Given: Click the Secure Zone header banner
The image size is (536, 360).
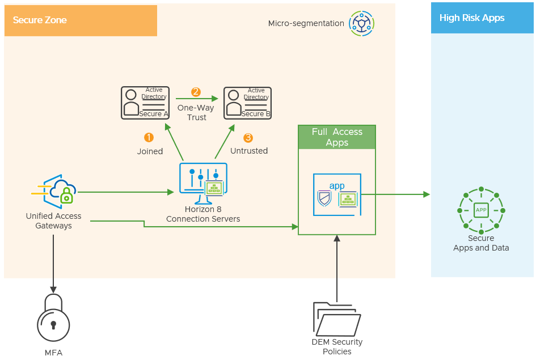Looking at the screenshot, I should click(80, 20).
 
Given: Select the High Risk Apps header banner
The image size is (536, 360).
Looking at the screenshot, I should click(482, 18).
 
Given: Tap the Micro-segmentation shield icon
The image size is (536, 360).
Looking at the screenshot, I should click(361, 23).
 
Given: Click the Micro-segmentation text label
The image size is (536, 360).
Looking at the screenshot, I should click(306, 24).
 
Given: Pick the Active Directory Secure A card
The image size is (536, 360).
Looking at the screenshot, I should click(145, 103).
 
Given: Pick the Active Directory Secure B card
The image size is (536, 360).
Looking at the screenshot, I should click(247, 103).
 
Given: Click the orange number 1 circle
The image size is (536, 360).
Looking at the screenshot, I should click(149, 138).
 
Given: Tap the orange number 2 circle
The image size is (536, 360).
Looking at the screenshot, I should click(196, 92).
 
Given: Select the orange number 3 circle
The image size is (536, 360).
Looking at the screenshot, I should click(248, 138).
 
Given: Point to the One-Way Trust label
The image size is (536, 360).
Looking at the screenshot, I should click(196, 112).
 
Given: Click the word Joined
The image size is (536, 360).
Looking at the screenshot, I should click(150, 151).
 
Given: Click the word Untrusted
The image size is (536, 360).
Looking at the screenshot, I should click(249, 151).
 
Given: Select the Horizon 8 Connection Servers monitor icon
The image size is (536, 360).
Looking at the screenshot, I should click(203, 183).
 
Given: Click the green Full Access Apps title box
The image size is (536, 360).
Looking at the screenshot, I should click(337, 137).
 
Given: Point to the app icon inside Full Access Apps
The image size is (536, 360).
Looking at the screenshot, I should click(337, 194).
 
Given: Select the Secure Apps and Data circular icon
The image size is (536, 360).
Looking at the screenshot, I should click(481, 210).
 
